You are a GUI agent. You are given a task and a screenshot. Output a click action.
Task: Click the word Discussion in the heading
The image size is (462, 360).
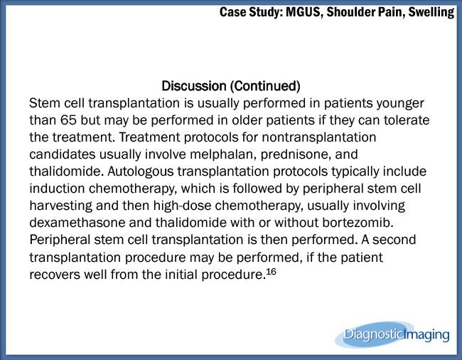194,86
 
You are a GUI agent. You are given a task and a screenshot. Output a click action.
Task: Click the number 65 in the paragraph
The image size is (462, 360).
69,120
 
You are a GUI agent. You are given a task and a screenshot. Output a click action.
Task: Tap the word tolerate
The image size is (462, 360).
407,120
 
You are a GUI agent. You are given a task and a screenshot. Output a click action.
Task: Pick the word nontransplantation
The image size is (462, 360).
319,137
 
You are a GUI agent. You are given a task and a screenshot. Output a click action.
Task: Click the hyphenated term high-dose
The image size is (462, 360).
182,206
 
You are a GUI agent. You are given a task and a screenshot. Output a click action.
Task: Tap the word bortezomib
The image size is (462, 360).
358,223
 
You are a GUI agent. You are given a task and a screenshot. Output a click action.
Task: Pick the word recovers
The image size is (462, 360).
55,275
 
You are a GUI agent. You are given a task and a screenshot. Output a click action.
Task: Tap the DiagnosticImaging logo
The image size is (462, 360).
392,334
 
